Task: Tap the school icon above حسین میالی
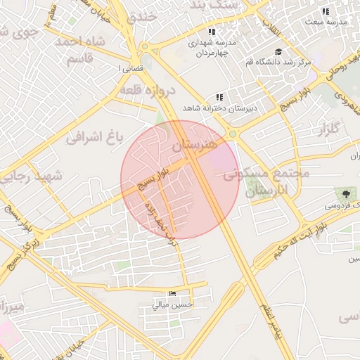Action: (173, 293)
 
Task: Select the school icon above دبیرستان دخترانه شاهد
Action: (219, 97)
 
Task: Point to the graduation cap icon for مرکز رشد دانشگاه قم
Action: (278, 51)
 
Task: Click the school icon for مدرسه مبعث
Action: (325, 11)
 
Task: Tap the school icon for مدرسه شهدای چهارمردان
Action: (211, 32)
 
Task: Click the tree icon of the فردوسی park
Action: (345, 194)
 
